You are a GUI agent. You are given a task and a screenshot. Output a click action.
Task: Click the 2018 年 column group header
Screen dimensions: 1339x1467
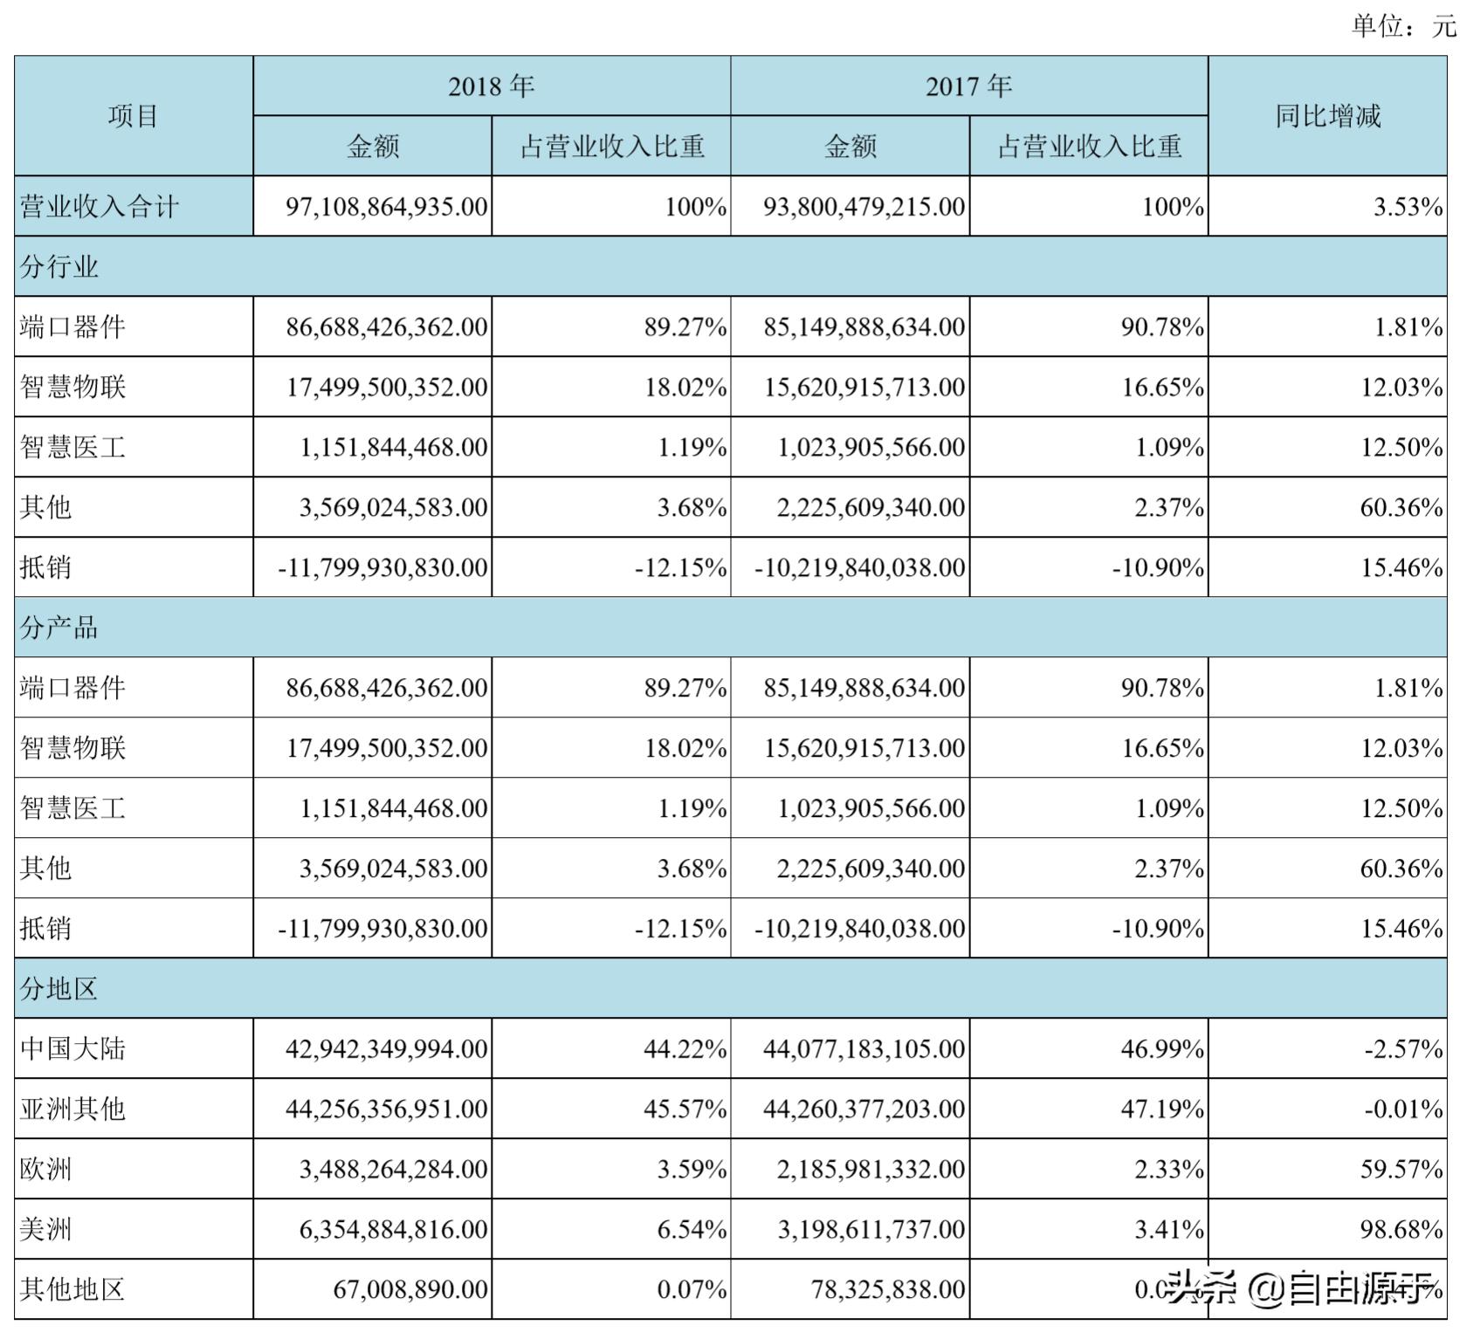491,86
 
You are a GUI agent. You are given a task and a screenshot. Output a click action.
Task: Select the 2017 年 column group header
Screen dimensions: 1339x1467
968,86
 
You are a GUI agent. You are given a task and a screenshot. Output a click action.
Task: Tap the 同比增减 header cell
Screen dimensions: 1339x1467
1327,116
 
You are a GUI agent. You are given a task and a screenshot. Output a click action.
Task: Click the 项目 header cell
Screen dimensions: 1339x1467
133,116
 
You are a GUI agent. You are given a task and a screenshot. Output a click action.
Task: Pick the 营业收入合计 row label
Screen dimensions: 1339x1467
100,207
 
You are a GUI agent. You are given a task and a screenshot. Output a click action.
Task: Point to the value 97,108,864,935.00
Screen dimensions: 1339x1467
387,207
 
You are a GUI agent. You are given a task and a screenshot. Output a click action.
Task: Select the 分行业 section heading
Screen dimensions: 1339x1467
59,267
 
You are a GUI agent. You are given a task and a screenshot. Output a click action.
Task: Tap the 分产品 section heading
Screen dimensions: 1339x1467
59,628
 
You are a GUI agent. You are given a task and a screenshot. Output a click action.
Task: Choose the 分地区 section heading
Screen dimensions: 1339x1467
59,989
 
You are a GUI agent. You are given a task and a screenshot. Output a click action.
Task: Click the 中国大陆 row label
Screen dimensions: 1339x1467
73,1048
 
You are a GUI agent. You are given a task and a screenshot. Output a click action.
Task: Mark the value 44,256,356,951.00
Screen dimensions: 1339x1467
387,1109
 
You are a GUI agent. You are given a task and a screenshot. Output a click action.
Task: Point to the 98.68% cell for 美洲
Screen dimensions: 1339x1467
1401,1229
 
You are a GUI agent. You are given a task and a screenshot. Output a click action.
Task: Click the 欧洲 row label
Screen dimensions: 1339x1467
46,1169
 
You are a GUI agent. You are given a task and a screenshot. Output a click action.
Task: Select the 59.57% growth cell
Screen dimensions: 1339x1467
1401,1169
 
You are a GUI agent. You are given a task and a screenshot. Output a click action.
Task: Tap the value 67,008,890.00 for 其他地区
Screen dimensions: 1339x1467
410,1289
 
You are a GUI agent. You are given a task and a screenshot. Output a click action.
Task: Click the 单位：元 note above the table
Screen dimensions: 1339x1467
1402,26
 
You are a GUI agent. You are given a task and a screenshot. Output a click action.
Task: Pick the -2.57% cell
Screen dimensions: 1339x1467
1403,1048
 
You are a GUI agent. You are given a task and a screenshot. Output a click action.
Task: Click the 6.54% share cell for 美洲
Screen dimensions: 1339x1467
692,1229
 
